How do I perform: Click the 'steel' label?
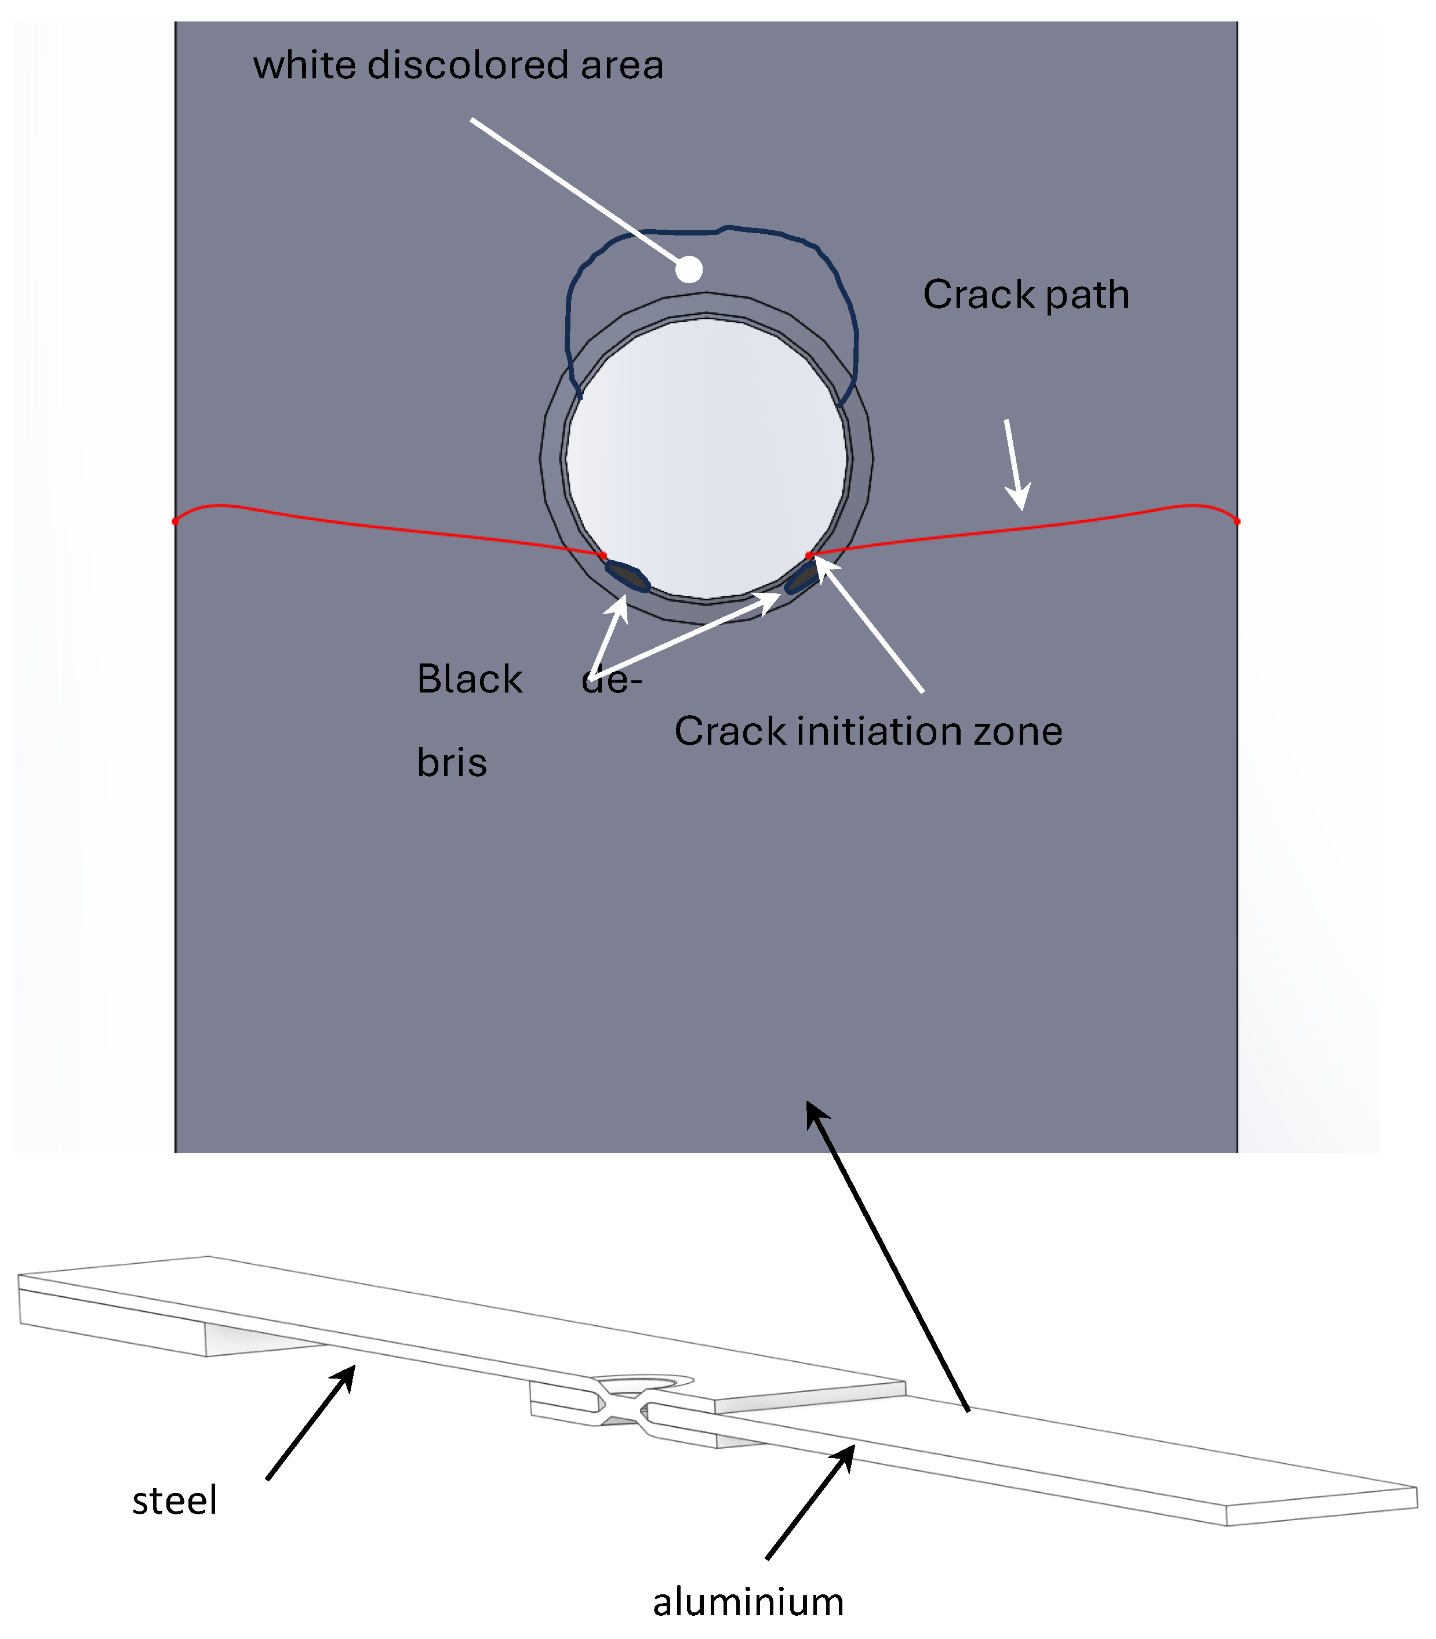coord(174,1500)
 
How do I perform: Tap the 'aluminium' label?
coord(748,1602)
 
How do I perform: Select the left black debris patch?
coord(627,576)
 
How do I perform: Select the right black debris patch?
coord(801,577)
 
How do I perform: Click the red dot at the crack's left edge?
coord(176,522)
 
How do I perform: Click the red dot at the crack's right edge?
coord(1237,522)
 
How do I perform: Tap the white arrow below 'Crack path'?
coord(1015,465)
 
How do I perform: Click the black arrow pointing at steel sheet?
coord(311,1423)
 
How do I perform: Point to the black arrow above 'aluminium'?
coord(810,1502)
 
